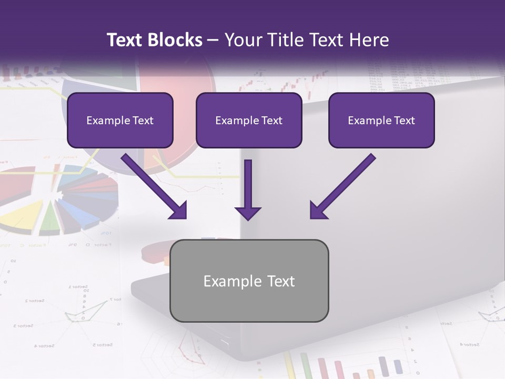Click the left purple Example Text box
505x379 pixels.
[120, 121]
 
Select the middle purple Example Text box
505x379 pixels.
[249, 121]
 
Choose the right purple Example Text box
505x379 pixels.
[381, 121]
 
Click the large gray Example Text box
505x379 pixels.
[249, 281]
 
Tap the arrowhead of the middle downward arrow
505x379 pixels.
[248, 213]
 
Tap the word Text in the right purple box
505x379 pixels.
[404, 121]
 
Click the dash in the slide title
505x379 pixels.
[213, 41]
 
